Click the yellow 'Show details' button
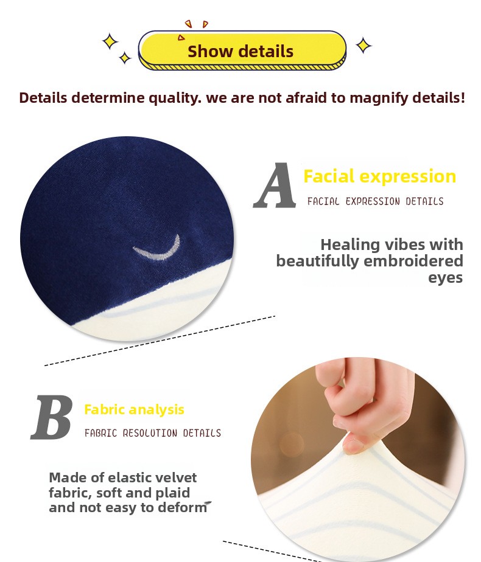[242, 50]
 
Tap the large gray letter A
[275, 186]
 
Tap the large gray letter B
[52, 417]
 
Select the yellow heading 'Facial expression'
[380, 176]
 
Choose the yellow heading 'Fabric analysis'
[134, 409]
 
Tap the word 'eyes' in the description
[446, 278]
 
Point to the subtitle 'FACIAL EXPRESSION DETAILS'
[375, 201]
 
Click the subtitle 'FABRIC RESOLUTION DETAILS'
[153, 433]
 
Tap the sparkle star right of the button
[363, 46]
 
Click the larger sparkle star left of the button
[110, 41]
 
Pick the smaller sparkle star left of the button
[125, 58]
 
